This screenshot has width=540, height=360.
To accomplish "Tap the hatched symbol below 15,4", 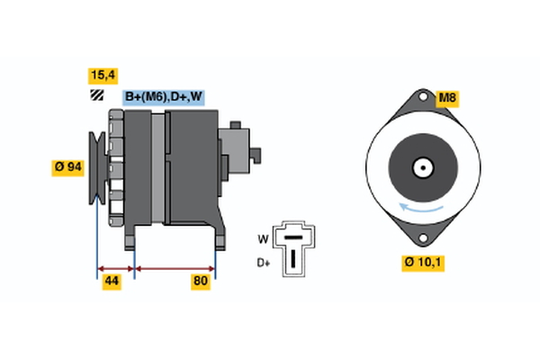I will [94, 95].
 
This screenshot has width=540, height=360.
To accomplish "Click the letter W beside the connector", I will [263, 239].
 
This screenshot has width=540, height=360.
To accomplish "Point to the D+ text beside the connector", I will [264, 263].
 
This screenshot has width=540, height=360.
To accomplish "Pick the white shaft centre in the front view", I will [420, 167].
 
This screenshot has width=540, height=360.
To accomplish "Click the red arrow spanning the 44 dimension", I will [115, 268].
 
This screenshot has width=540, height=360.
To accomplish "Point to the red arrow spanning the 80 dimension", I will [175, 268].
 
